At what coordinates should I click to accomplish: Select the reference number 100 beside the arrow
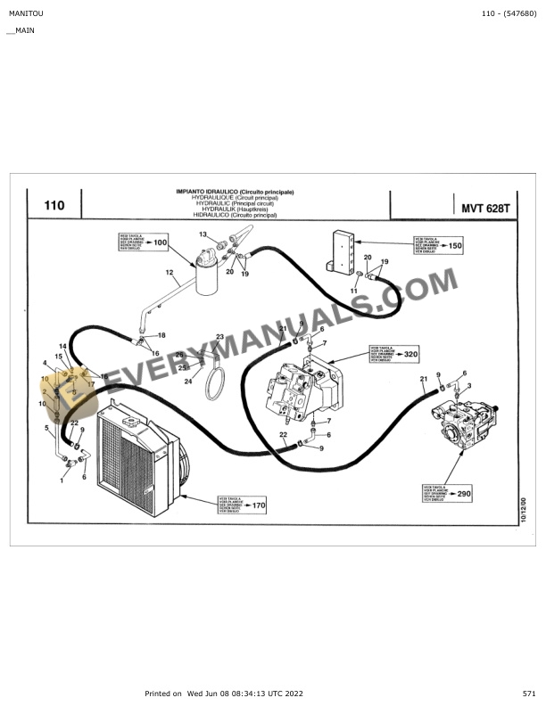pos(160,242)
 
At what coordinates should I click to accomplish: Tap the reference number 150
pos(454,245)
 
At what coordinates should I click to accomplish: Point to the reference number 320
pos(410,354)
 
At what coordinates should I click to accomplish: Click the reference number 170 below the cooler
pos(259,505)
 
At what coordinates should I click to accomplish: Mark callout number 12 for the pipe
pos(169,272)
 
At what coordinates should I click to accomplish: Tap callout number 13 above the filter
pos(203,234)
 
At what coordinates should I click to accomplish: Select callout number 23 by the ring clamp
pos(219,337)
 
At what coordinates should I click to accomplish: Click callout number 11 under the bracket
pos(353,291)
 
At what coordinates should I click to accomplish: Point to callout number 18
pos(161,335)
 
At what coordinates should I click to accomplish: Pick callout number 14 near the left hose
pos(62,346)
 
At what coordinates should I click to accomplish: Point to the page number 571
pos(529,693)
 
